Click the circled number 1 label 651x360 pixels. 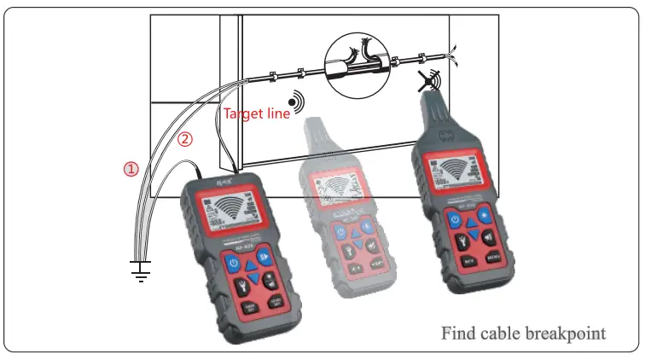point(131,169)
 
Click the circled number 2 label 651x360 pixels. point(184,136)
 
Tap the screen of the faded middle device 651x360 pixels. point(342,194)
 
